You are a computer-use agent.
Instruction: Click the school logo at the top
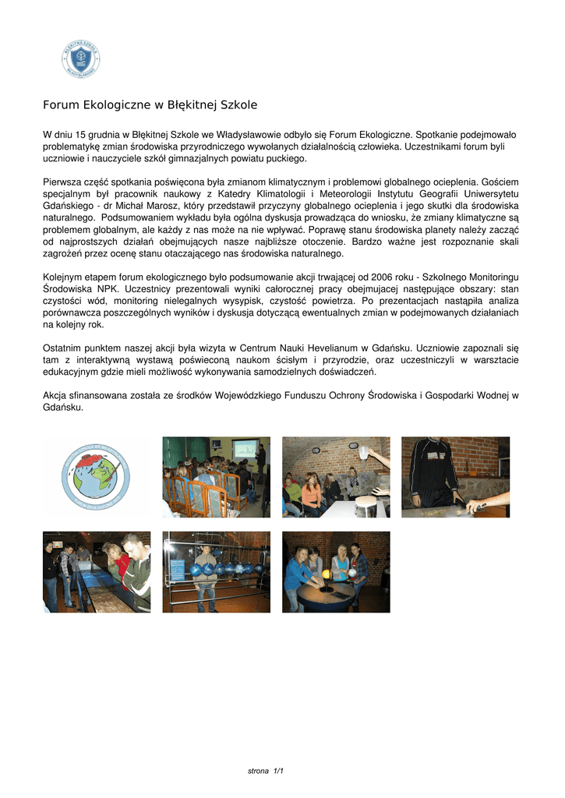81,59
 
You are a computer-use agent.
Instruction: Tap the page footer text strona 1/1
265,771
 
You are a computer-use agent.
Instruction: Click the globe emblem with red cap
95,476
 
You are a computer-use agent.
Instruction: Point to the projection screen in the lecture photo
245,450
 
